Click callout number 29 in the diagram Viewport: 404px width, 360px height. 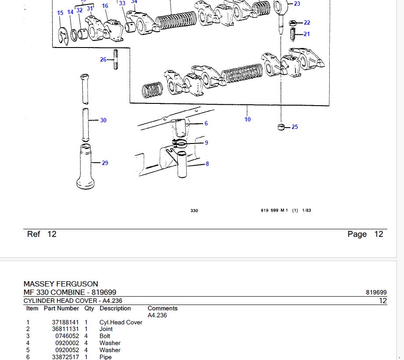point(105,163)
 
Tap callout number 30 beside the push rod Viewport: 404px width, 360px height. point(103,120)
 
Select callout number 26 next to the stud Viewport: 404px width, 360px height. point(103,59)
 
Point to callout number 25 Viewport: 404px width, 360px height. point(295,127)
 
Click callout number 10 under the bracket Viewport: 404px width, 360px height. point(247,119)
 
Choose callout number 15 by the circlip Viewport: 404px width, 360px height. point(60,13)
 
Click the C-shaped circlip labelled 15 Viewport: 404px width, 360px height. point(63,36)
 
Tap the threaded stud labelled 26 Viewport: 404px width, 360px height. point(116,59)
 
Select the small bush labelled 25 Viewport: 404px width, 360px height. point(281,127)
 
